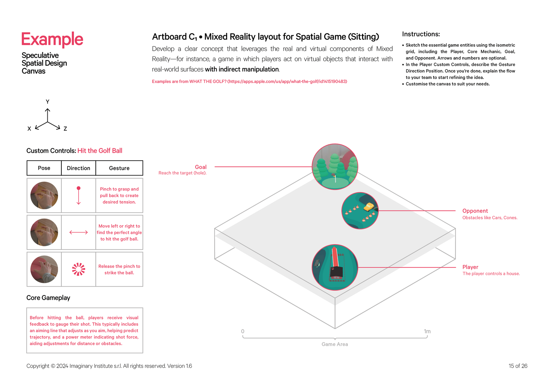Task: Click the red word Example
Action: [52, 39]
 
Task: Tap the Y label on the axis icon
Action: [47, 102]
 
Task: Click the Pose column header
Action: [44, 168]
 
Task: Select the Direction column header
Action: [78, 168]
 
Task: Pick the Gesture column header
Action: [119, 168]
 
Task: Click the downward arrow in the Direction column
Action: [79, 196]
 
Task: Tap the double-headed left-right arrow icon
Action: [79, 232]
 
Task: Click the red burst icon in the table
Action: [79, 269]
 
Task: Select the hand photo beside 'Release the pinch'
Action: [44, 269]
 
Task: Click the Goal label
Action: [201, 167]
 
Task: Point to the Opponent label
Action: [475, 211]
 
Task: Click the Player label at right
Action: [470, 267]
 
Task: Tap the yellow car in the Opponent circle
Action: [369, 207]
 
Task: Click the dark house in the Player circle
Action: [336, 272]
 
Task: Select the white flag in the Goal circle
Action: [335, 178]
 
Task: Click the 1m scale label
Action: [427, 331]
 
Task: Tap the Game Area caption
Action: [334, 344]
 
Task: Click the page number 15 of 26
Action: [518, 366]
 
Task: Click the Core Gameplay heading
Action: [48, 298]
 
